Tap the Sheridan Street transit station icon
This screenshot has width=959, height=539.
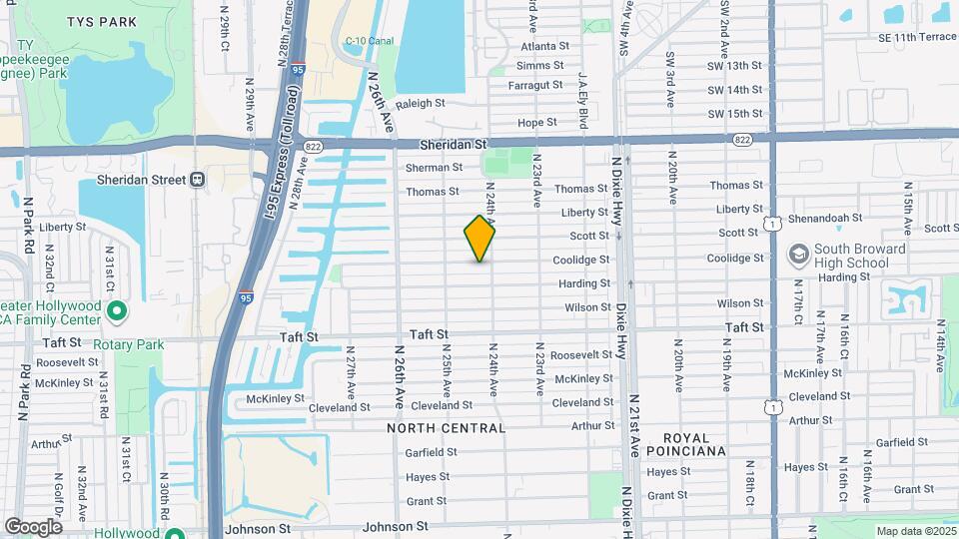[198, 180]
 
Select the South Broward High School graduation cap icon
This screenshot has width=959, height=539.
[799, 256]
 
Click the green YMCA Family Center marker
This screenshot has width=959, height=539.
[117, 311]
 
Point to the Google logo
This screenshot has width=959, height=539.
[33, 526]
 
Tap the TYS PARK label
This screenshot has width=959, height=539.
[101, 21]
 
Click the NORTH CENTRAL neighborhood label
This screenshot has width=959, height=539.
[447, 428]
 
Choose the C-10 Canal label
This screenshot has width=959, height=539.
[370, 41]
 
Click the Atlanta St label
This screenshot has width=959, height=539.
[544, 46]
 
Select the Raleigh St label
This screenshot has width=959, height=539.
[420, 103]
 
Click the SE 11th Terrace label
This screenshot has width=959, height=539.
[917, 37]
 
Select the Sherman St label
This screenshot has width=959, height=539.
[435, 168]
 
